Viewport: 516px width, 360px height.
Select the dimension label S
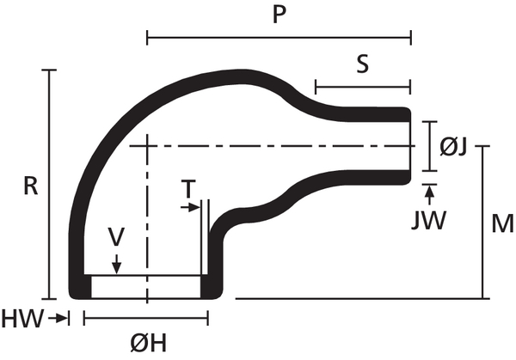363,64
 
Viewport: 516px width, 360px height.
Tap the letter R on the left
29,186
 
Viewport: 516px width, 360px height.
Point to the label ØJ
453,147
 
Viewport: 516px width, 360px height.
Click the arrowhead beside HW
61,319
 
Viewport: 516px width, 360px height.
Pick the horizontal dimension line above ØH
146,319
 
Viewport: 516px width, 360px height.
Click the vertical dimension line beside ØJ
427,147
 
